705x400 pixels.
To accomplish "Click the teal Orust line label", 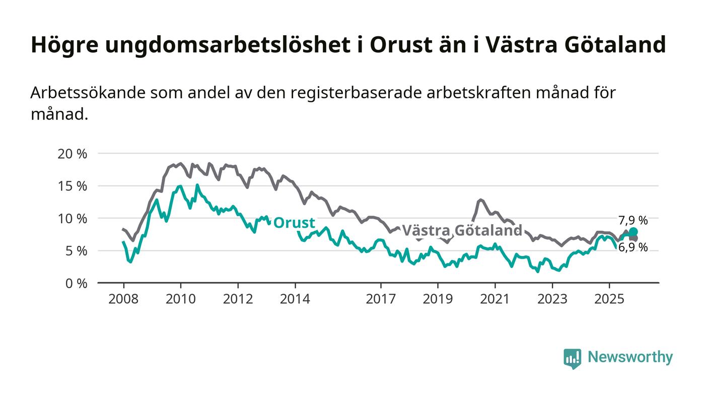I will [294, 223].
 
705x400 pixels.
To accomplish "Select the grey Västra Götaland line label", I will [462, 231].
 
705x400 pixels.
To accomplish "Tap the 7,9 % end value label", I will [633, 220].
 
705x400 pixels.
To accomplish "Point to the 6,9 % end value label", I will [633, 247].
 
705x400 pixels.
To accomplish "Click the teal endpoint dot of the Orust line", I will [633, 232].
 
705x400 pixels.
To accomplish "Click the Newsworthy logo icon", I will [572, 358].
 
